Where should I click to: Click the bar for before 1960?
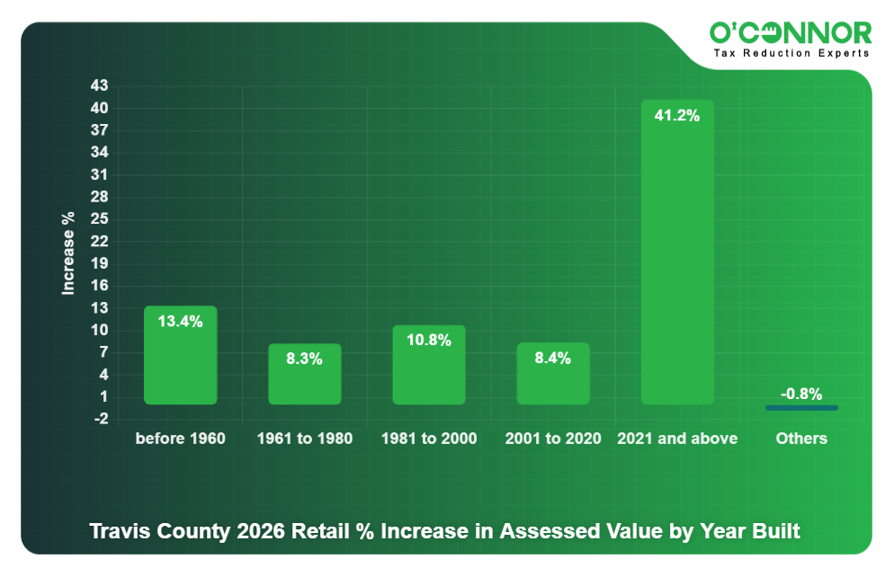(x=180, y=360)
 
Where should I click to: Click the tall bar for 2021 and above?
(x=677, y=261)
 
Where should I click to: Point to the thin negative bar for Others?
(x=801, y=408)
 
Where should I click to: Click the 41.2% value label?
(x=677, y=115)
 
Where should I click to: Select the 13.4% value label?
(x=180, y=321)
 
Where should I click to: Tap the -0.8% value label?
(x=801, y=394)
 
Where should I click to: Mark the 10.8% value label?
(x=429, y=340)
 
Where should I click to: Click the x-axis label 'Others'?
(x=801, y=439)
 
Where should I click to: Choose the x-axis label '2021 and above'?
(x=677, y=439)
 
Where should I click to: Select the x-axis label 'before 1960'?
(x=180, y=439)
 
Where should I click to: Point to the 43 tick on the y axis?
(x=99, y=86)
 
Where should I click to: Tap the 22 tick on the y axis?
(x=99, y=241)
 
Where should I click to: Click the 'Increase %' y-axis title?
(x=68, y=253)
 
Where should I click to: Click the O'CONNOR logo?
(x=791, y=34)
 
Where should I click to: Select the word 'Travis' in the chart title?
(x=116, y=531)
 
